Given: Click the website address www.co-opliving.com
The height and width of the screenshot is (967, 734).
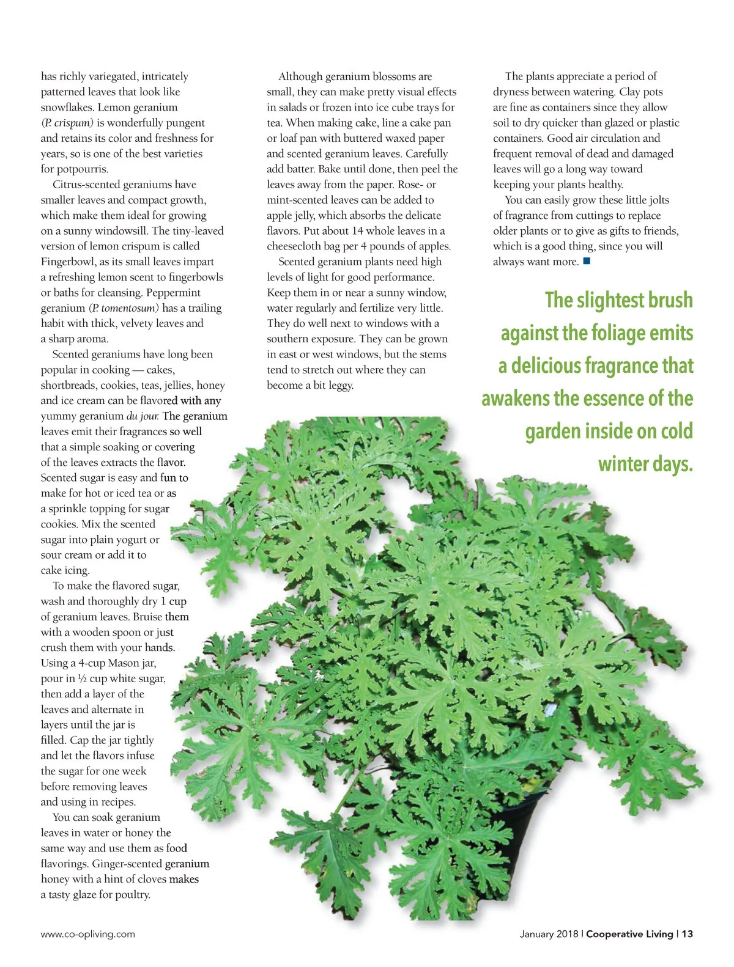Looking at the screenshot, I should [x=88, y=934].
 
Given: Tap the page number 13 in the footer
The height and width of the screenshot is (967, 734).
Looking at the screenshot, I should [x=688, y=934].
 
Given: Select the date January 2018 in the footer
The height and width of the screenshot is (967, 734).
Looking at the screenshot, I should [x=549, y=934].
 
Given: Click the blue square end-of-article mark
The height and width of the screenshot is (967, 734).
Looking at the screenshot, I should [x=587, y=262].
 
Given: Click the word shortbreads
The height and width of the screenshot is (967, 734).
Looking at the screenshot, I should [x=69, y=385].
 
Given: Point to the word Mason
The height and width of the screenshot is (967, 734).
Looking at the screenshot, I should [x=124, y=663].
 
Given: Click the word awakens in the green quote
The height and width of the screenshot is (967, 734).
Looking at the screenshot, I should [x=515, y=399].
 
